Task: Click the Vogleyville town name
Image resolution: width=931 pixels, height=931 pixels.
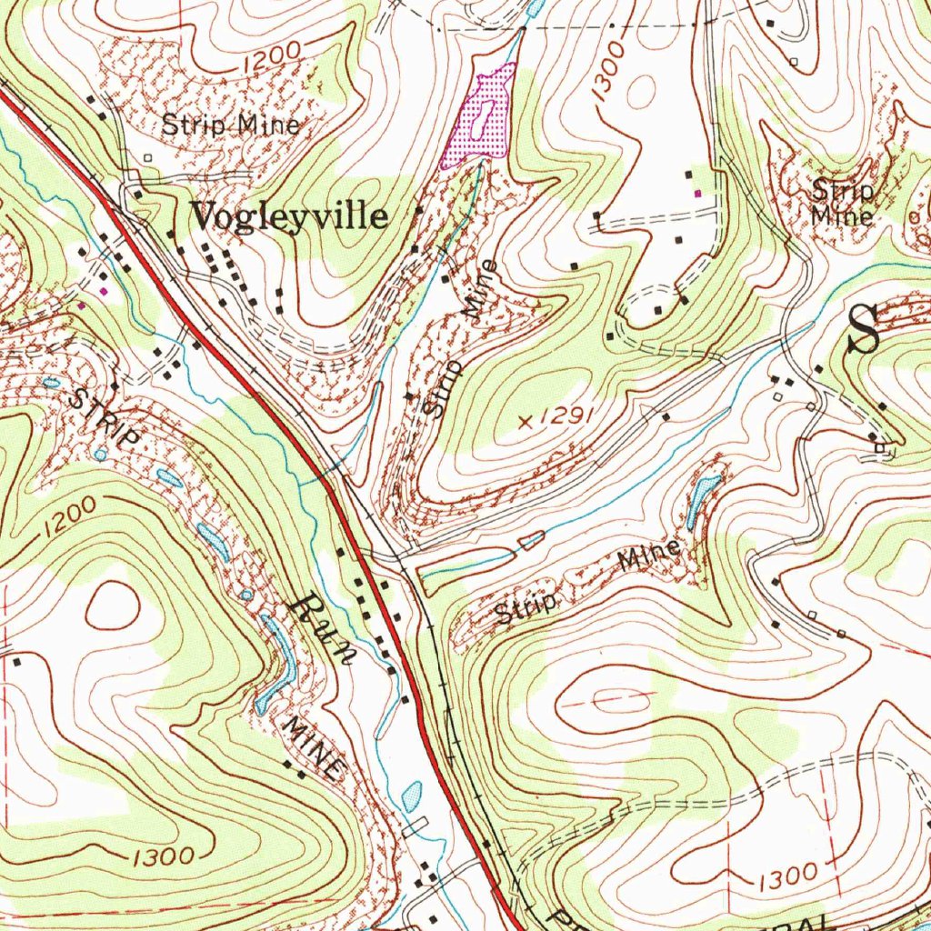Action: pos(288,217)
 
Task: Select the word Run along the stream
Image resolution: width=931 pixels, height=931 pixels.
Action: pos(323,633)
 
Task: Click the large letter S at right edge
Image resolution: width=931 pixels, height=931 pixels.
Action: pos(863,331)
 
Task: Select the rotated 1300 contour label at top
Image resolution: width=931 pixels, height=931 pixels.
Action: pos(606,69)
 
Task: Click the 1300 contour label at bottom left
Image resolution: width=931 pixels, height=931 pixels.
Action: pos(161,856)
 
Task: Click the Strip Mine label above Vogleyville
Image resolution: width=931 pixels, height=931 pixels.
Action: pos(230,125)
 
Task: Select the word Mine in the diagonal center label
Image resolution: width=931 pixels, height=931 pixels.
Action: pos(481,289)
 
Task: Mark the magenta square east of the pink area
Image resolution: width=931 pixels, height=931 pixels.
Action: pos(697,193)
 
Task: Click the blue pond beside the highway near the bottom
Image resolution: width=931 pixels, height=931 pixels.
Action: pos(412,796)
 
